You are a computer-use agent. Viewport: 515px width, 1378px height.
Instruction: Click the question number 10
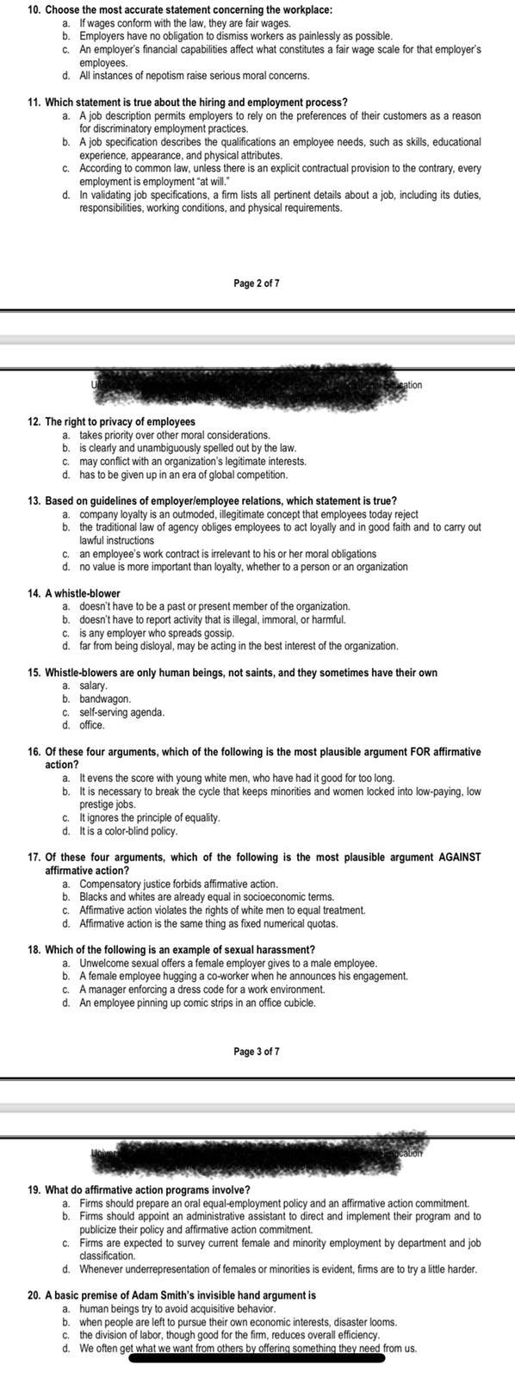pos(34,9)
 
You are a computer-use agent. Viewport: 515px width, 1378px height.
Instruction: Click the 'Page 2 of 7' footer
pos(257,282)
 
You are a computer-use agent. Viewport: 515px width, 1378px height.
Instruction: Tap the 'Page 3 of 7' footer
pos(257,1052)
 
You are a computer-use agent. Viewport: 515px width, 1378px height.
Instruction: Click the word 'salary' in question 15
pos(93,686)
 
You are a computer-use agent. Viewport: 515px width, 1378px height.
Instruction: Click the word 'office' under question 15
pos(91,725)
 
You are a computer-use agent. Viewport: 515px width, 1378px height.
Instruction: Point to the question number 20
pos(34,1294)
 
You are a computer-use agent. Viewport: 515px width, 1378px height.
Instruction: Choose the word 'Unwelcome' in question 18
pos(103,963)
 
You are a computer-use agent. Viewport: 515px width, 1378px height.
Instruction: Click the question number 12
pos(34,422)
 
